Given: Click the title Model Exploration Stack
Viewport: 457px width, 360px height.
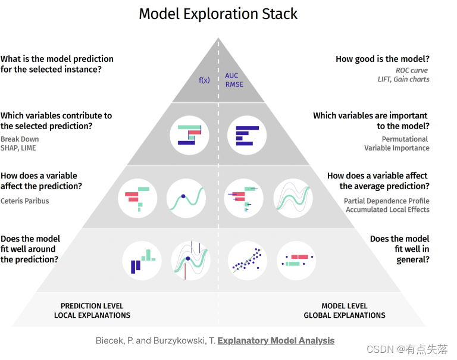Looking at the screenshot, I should click(x=218, y=14).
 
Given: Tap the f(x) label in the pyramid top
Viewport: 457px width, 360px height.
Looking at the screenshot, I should click(x=204, y=80).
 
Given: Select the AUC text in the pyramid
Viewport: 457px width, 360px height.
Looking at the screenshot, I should click(x=231, y=76).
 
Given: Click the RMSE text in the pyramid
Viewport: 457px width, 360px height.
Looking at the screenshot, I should click(x=234, y=84).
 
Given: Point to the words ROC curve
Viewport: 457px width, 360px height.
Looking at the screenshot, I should click(x=412, y=70).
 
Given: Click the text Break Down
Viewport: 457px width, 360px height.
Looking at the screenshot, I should click(x=20, y=139).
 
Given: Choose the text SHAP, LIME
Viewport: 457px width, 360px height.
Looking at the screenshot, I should click(x=18, y=148).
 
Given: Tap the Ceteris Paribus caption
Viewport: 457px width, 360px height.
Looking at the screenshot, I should click(x=25, y=201).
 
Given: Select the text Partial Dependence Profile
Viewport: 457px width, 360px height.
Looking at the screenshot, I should click(x=387, y=201).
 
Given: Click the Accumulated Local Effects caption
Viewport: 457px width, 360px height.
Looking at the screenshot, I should click(x=387, y=209).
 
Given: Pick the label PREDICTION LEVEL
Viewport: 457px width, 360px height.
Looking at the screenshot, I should click(x=92, y=306).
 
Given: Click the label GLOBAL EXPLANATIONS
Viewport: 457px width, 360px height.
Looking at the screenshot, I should click(x=345, y=315).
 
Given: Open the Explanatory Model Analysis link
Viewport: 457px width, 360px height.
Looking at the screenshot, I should click(x=276, y=341).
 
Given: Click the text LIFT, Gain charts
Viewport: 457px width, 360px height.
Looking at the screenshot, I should click(x=403, y=79).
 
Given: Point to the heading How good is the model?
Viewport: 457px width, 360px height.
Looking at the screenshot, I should click(x=383, y=59).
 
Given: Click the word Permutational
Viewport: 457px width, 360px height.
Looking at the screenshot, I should click(x=405, y=139).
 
